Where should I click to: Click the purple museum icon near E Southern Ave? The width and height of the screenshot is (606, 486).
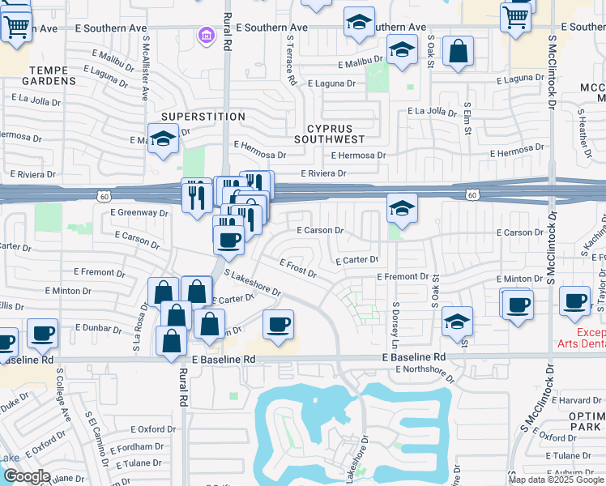[206, 36]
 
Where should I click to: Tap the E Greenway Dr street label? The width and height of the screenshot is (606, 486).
[141, 214]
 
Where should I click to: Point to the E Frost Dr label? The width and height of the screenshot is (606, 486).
[298, 268]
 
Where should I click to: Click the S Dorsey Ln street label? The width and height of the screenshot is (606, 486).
[396, 322]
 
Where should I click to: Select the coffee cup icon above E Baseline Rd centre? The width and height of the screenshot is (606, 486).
[278, 325]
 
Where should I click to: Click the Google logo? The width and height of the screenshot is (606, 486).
[27, 476]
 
